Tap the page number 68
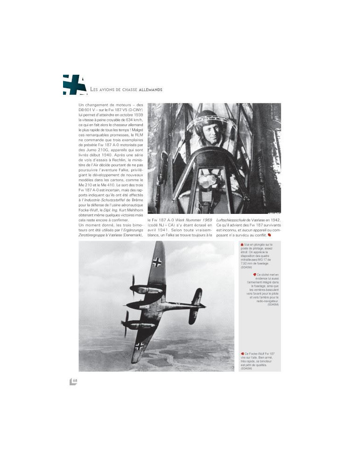75,381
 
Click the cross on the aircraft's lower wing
140,346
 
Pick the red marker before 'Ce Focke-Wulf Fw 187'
241,354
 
